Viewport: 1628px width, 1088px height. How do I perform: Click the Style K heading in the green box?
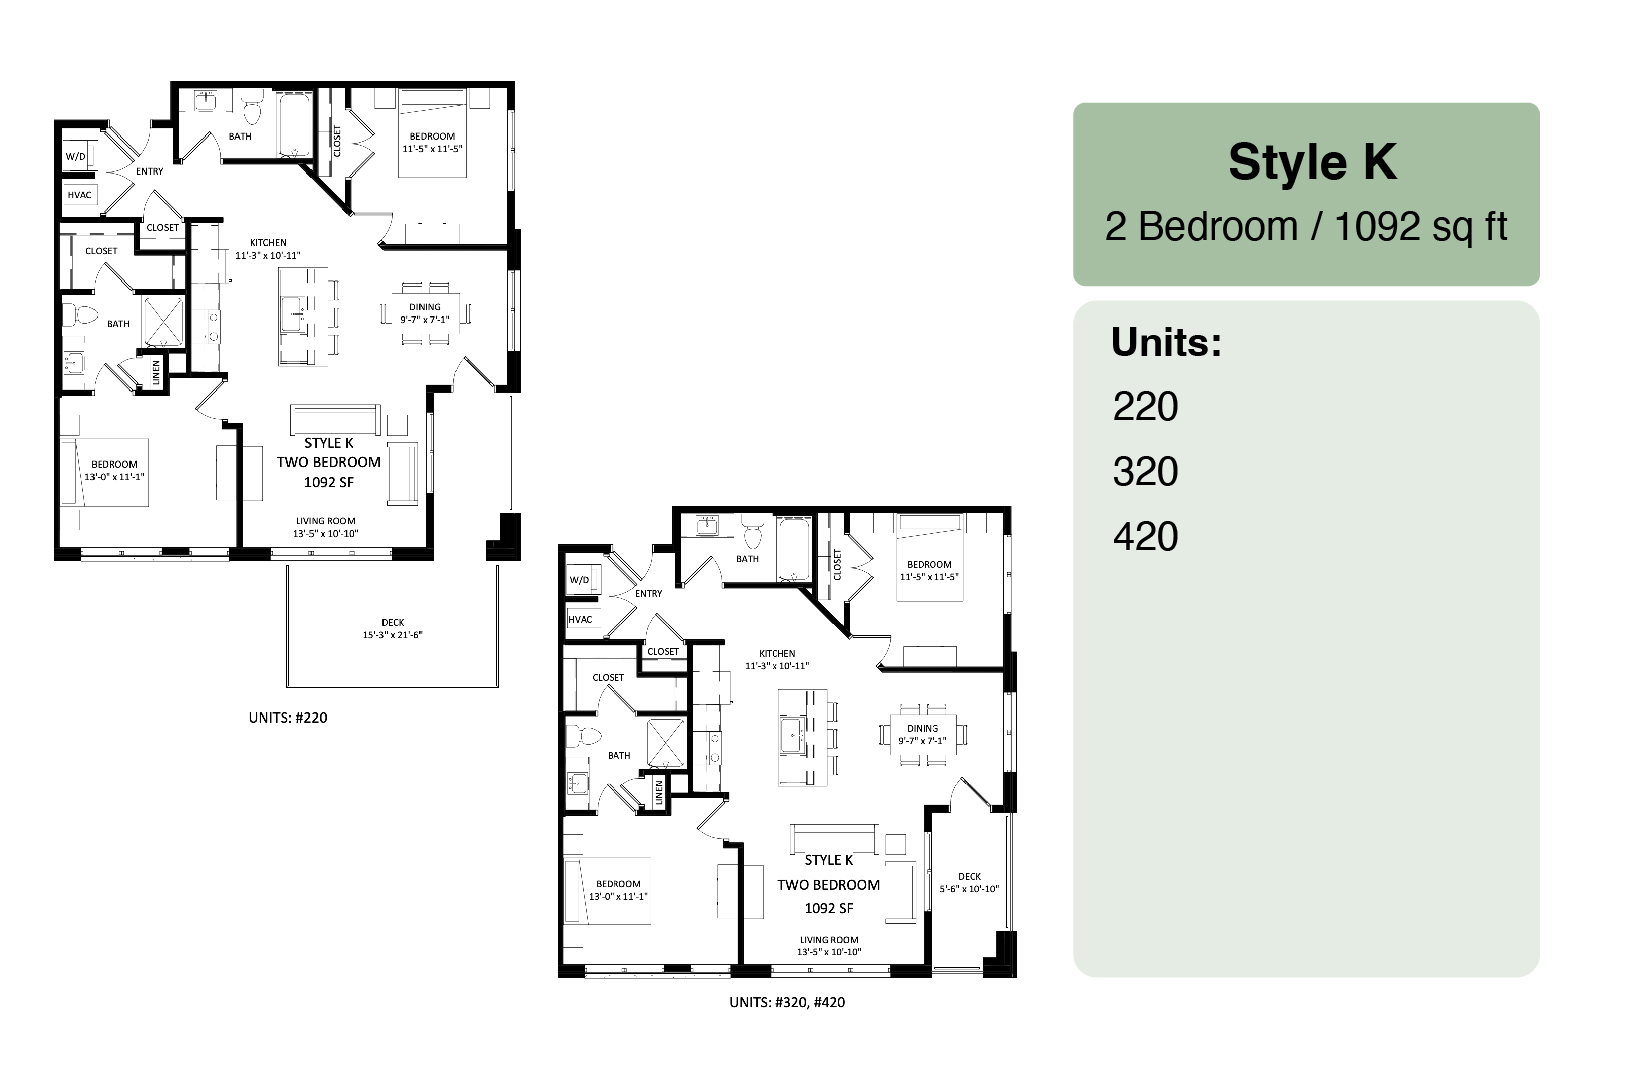point(1312,161)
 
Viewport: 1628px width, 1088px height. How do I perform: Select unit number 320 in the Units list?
point(1145,472)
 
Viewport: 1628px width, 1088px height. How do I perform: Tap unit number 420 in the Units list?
point(1145,536)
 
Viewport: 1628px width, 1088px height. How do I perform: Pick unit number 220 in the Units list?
point(1145,406)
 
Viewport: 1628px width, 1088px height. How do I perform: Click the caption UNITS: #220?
point(288,718)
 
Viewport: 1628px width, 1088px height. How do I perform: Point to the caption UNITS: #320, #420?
point(787,1002)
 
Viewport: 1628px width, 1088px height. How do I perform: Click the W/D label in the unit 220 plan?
point(76,156)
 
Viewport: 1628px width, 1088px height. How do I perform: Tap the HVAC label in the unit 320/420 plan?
point(580,620)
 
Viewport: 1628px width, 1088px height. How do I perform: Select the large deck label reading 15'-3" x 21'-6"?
point(392,634)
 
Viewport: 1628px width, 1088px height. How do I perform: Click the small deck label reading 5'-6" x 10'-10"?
point(969,889)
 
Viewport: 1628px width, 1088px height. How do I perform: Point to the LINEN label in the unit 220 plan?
point(156,373)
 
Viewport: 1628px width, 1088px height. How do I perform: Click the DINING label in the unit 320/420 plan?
point(922,728)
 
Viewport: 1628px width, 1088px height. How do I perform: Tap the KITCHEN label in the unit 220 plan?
point(268,243)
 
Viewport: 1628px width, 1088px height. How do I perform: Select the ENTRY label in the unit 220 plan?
point(150,172)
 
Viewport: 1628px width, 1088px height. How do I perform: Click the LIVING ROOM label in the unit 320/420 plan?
point(829,940)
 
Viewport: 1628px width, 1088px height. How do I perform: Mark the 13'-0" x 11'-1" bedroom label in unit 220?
point(114,477)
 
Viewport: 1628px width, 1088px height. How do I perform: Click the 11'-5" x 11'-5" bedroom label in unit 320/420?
point(929,577)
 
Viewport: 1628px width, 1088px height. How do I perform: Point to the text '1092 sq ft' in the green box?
point(1421,227)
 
